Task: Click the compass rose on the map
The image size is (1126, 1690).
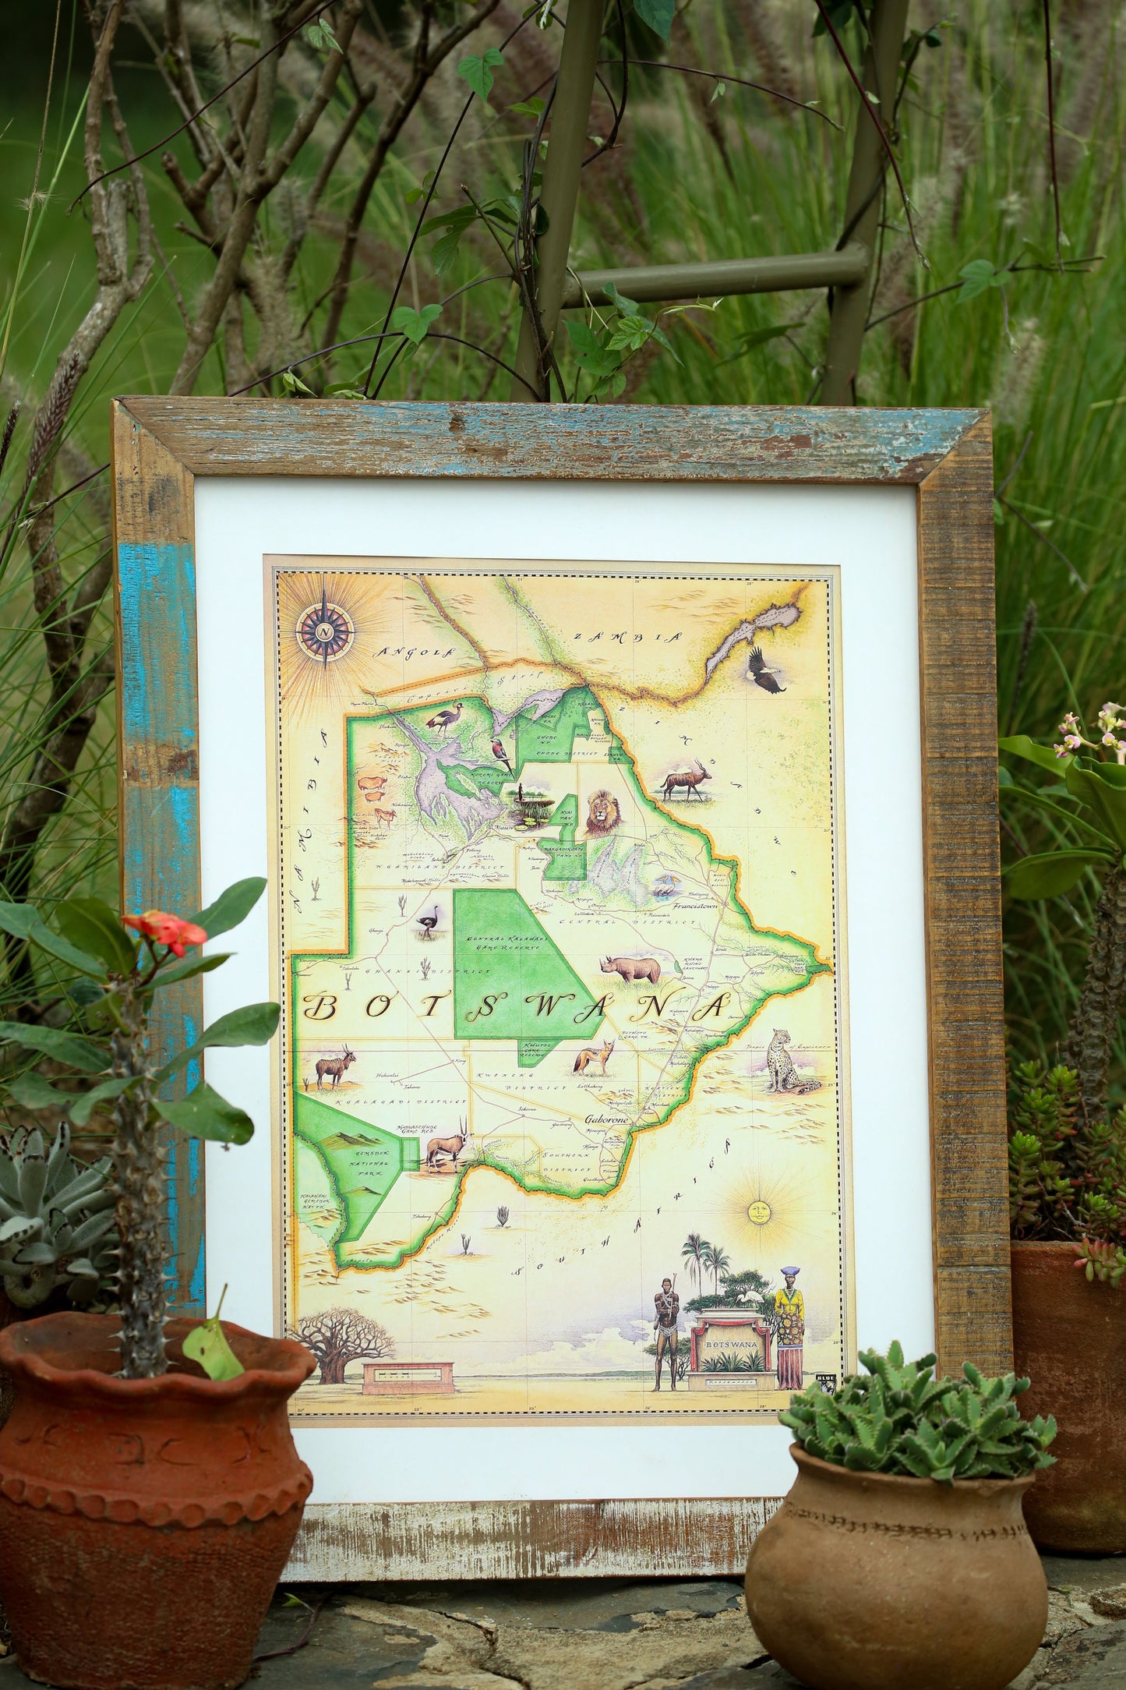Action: [x=324, y=628]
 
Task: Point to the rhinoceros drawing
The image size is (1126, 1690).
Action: [x=631, y=969]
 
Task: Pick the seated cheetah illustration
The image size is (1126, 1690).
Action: [x=786, y=1060]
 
